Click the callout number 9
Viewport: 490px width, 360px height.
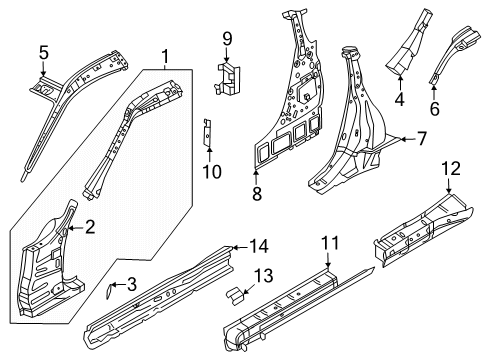click(x=227, y=39)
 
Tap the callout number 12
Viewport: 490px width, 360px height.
click(x=451, y=168)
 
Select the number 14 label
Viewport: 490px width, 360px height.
click(x=259, y=247)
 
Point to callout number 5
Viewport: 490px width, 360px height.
click(x=44, y=53)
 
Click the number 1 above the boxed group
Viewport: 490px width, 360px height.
click(x=165, y=57)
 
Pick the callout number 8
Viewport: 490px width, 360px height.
click(x=257, y=193)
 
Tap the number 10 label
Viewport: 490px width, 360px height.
click(x=212, y=172)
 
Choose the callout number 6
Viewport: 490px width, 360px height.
click(x=434, y=108)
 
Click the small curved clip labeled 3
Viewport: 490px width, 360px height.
click(x=109, y=290)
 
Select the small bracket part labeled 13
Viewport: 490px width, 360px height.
click(x=235, y=296)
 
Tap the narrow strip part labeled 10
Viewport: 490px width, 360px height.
click(x=207, y=132)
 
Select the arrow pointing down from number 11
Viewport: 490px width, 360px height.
click(x=328, y=260)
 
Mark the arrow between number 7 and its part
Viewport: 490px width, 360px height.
click(x=407, y=139)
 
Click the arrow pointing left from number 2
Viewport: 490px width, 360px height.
click(x=75, y=228)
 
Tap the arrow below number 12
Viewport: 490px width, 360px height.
click(x=449, y=186)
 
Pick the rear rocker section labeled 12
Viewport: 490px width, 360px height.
click(x=423, y=230)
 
